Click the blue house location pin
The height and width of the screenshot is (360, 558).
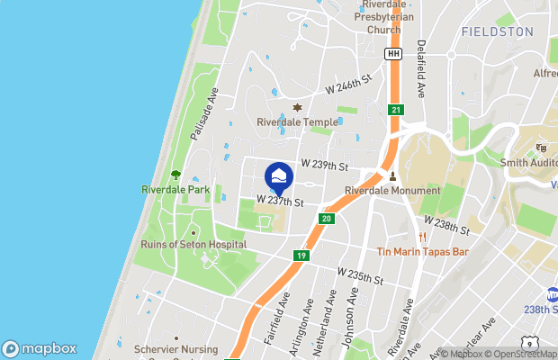pyautogui.click(x=280, y=176)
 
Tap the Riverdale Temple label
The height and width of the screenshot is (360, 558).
pyautogui.click(x=297, y=122)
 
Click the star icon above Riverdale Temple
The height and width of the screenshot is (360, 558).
pyautogui.click(x=297, y=108)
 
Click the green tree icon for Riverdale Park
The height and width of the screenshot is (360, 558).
pyautogui.click(x=175, y=175)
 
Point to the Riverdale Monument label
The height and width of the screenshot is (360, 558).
pyautogui.click(x=392, y=191)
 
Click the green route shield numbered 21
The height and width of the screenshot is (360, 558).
pyautogui.click(x=396, y=110)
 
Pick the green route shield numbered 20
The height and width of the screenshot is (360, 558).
pyautogui.click(x=326, y=219)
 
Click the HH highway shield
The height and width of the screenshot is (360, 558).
pyautogui.click(x=392, y=55)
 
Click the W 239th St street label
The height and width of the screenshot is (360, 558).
pyautogui.click(x=324, y=166)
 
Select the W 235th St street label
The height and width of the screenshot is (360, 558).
pyautogui.click(x=360, y=276)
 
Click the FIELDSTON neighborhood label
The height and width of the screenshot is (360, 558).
pyautogui.click(x=496, y=31)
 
